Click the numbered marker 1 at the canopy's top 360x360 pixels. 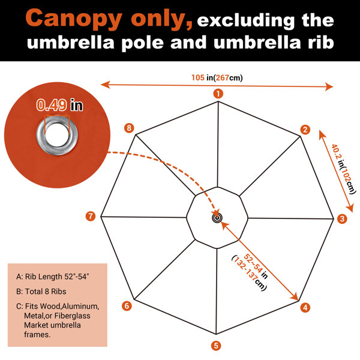(x=218, y=94)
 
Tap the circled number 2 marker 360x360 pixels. (x=305, y=130)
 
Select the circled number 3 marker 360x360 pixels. (x=342, y=218)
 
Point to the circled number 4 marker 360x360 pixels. (x=305, y=308)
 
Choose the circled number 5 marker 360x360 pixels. (x=216, y=346)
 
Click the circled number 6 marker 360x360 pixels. (x=127, y=306)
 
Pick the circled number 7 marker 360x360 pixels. (x=91, y=216)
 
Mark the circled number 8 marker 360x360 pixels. (x=129, y=128)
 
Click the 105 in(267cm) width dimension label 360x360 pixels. (x=217, y=78)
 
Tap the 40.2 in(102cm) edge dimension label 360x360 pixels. (x=343, y=169)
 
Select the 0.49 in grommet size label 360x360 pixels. (x=59, y=105)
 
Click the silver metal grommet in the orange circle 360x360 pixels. (x=57, y=134)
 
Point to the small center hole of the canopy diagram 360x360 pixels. (x=217, y=218)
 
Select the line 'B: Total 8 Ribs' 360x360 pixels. (x=41, y=292)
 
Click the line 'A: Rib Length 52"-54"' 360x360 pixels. (x=53, y=277)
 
